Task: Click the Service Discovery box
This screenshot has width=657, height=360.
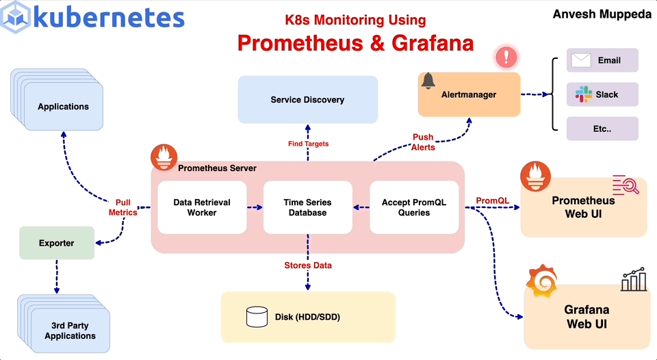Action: tap(307, 100)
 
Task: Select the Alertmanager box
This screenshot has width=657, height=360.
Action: tap(469, 94)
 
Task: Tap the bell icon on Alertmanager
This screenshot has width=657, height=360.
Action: tap(428, 81)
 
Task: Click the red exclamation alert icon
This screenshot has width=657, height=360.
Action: tap(506, 56)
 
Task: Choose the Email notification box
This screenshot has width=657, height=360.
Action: tap(602, 60)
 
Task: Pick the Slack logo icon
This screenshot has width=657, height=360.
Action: tap(583, 94)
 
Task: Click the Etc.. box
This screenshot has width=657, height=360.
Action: tap(602, 129)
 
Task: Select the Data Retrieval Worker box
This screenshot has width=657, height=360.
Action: tap(202, 207)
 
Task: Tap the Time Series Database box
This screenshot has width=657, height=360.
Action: tap(307, 207)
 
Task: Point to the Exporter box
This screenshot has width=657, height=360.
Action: tap(57, 243)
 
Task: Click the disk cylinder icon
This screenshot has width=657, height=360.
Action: tap(257, 316)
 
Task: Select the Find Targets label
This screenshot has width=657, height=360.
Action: tap(308, 144)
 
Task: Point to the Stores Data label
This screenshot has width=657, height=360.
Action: tap(308, 265)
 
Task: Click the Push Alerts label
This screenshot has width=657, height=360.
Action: tap(423, 142)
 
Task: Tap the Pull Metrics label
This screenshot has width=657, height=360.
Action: tap(123, 207)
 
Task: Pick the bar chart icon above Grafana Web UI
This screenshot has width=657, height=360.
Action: tap(634, 279)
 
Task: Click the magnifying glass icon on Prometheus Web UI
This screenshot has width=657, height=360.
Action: tap(626, 185)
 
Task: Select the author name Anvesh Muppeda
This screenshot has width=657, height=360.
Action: tap(602, 14)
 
